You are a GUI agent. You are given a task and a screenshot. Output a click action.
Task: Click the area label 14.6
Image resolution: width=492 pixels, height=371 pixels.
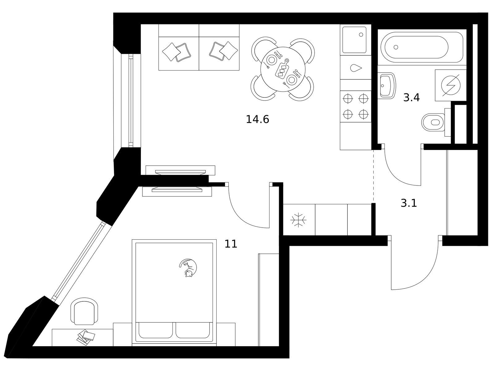(x=257, y=119)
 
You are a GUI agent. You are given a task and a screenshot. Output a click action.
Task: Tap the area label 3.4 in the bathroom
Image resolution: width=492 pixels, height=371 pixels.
(x=411, y=98)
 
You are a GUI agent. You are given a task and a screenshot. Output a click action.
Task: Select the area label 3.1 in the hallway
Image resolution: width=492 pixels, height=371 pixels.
(x=409, y=203)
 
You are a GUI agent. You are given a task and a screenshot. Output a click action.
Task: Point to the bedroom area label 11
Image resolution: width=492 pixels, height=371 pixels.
(x=231, y=244)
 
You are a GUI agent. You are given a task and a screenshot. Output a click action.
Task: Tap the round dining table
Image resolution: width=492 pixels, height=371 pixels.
(x=283, y=69)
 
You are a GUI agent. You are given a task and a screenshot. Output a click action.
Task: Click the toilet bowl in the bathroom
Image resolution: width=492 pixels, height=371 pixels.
(x=433, y=122)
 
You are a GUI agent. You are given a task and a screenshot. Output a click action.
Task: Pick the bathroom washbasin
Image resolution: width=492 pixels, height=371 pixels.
(x=387, y=86)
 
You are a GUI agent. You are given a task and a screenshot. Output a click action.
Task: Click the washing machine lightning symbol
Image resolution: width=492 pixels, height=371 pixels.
(x=451, y=85)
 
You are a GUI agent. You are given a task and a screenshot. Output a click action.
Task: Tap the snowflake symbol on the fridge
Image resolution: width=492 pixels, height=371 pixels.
(x=298, y=220)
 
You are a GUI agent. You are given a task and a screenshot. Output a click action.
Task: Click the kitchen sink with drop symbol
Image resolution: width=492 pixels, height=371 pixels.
(x=356, y=68)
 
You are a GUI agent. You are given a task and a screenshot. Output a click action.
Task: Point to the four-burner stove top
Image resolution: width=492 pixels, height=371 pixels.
(x=356, y=106)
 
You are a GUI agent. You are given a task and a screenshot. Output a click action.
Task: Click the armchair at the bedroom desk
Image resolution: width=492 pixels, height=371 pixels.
(x=84, y=311)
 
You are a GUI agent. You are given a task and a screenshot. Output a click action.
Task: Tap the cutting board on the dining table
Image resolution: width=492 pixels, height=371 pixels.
(x=282, y=68)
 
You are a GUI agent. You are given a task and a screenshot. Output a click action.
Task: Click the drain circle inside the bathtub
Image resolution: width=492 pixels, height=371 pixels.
(x=396, y=47)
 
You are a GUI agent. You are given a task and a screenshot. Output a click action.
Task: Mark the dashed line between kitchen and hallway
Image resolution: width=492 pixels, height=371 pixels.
(x=373, y=176)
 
